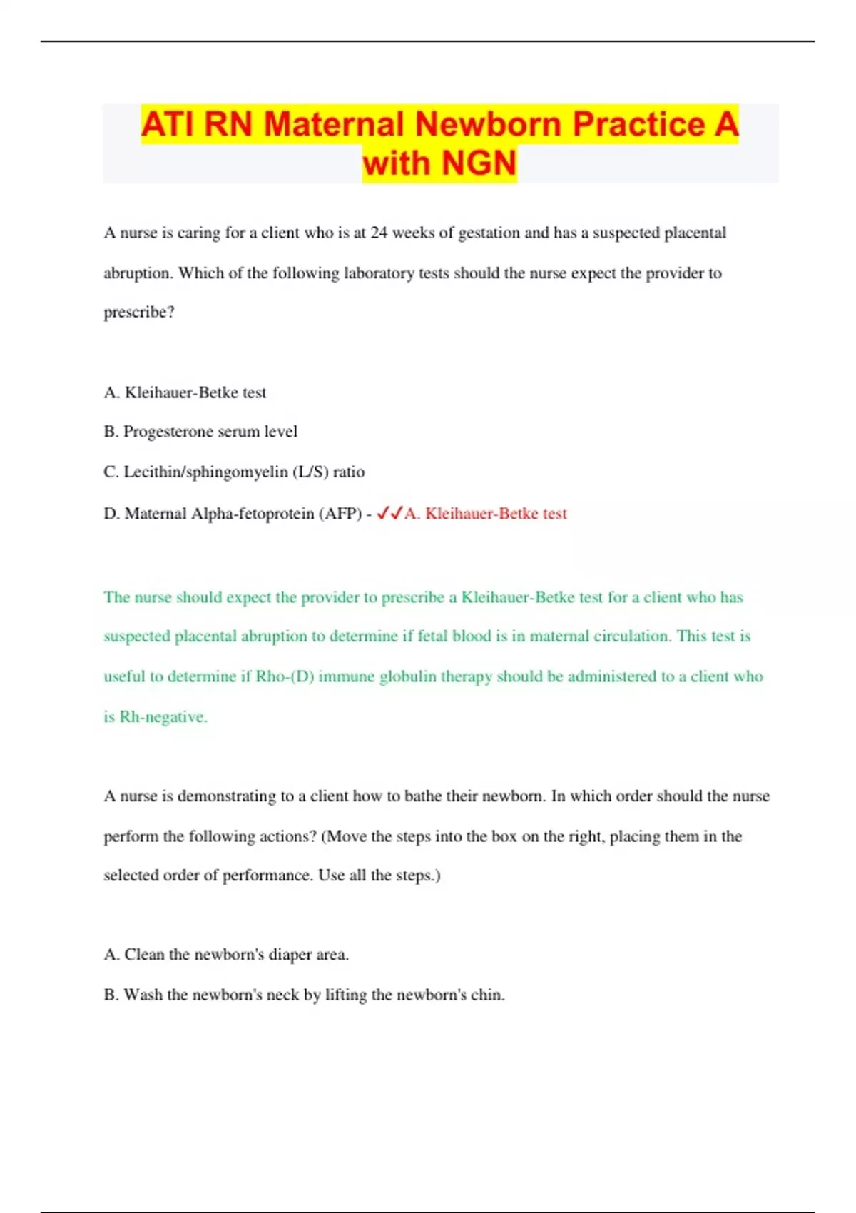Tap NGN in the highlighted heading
(x=479, y=163)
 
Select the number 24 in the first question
(x=379, y=233)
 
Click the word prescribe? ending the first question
(x=139, y=313)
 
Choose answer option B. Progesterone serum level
(x=200, y=432)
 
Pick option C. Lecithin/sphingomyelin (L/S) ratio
(x=234, y=472)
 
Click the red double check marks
(x=389, y=513)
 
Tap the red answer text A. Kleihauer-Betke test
(x=486, y=514)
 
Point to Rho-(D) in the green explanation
(x=285, y=676)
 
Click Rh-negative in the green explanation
(x=163, y=716)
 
